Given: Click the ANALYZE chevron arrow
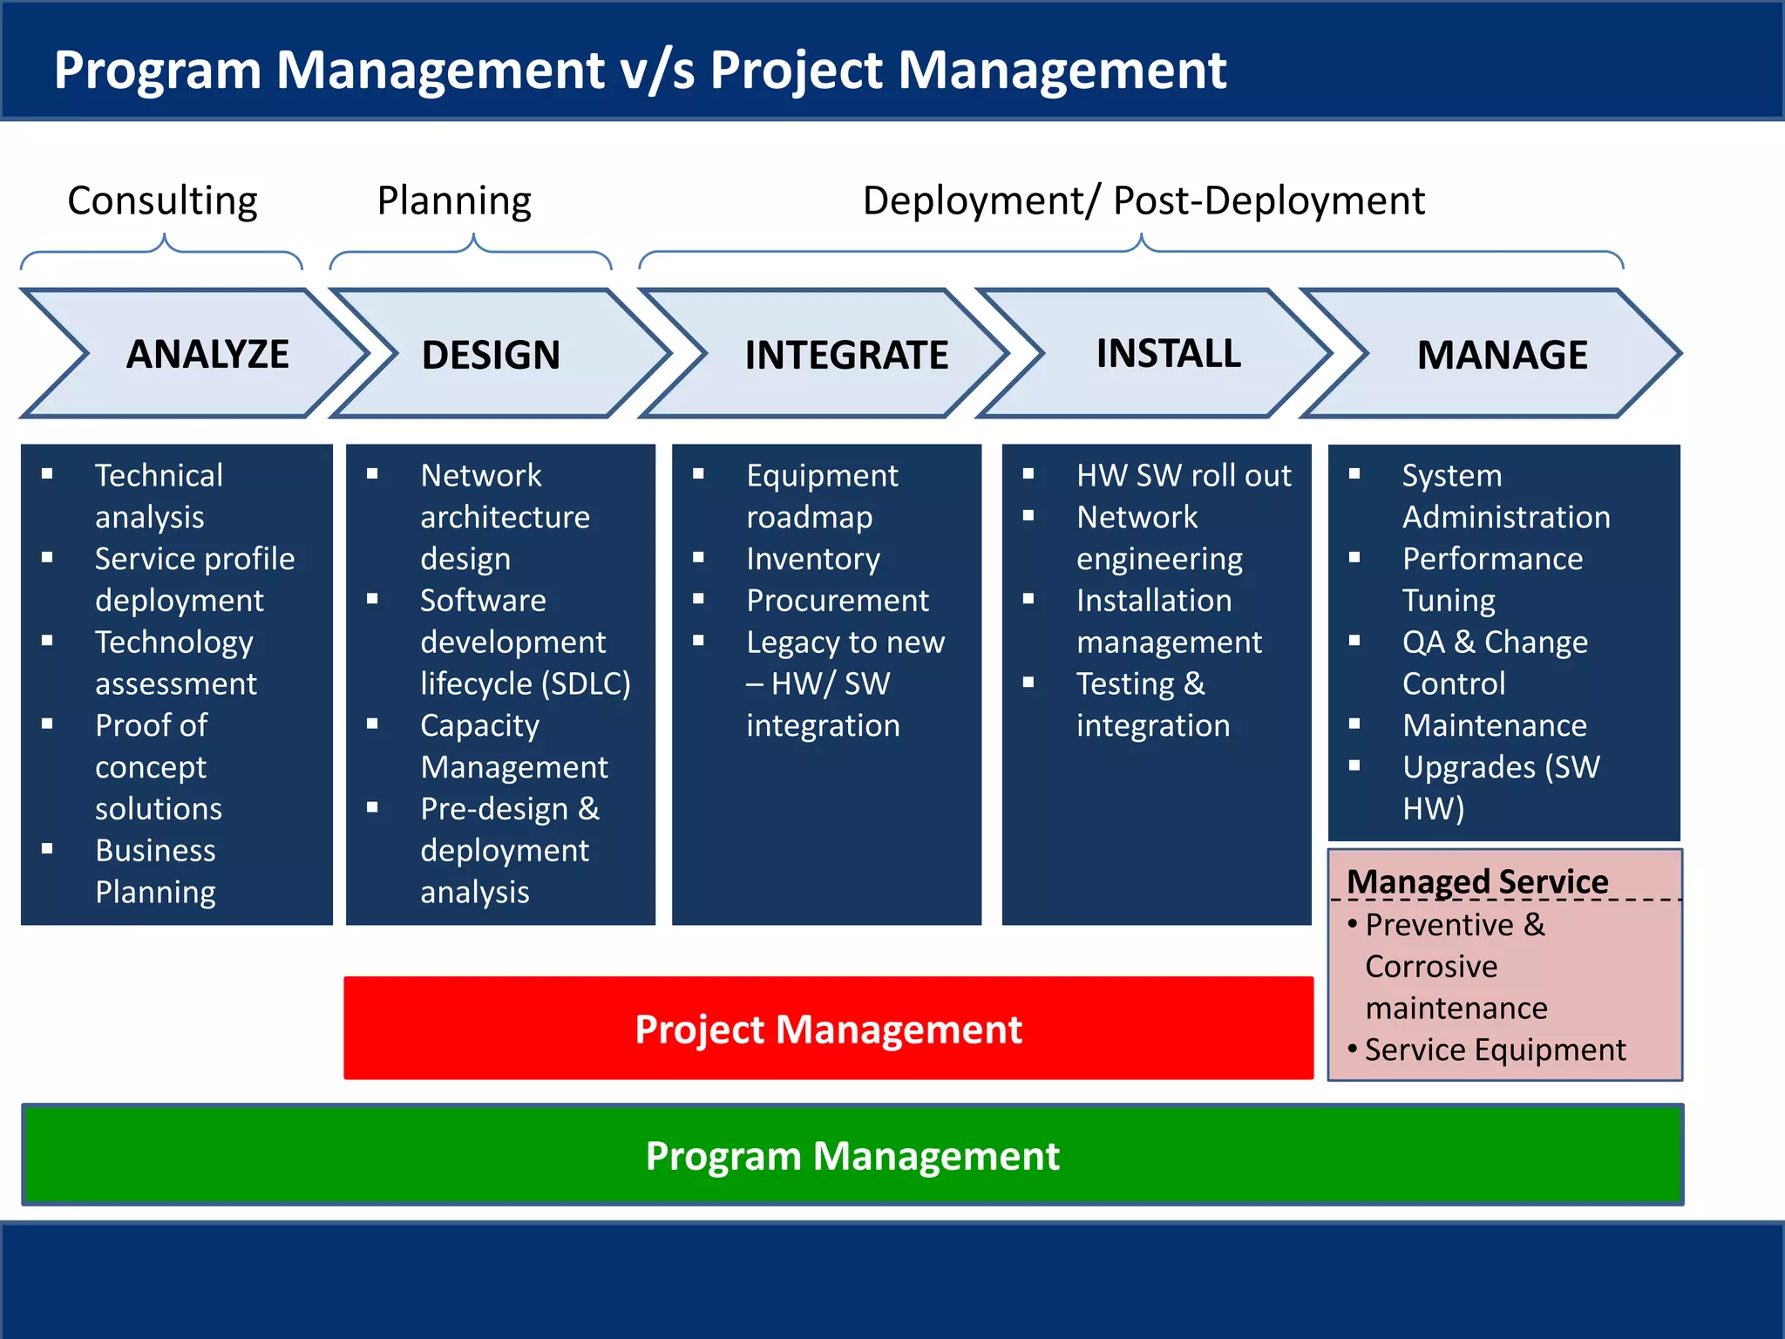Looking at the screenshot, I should point(207,354).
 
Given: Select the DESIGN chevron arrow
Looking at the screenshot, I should point(491,355).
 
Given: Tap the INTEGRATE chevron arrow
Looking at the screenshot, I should point(845,355).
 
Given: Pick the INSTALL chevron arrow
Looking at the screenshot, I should point(1168,353).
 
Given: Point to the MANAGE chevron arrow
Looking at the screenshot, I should point(1502,355).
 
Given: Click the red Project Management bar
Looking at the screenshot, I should point(828,1029).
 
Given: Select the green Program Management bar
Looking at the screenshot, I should point(852,1155).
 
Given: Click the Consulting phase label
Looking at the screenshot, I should point(162,201).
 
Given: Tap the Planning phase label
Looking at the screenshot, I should point(454,201).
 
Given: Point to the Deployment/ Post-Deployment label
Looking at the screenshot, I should point(1143,201).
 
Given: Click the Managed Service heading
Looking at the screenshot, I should point(1477,881).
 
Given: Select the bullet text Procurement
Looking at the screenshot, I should point(838,600).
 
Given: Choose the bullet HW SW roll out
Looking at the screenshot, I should point(1183,475).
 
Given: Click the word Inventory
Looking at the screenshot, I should point(813,558).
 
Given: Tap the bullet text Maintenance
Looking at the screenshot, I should point(1494,725).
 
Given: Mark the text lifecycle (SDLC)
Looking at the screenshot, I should point(525,683).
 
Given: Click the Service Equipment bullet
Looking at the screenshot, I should point(1495,1050).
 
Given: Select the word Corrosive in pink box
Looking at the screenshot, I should point(1431,966).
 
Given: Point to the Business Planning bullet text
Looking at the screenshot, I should point(156,870).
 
